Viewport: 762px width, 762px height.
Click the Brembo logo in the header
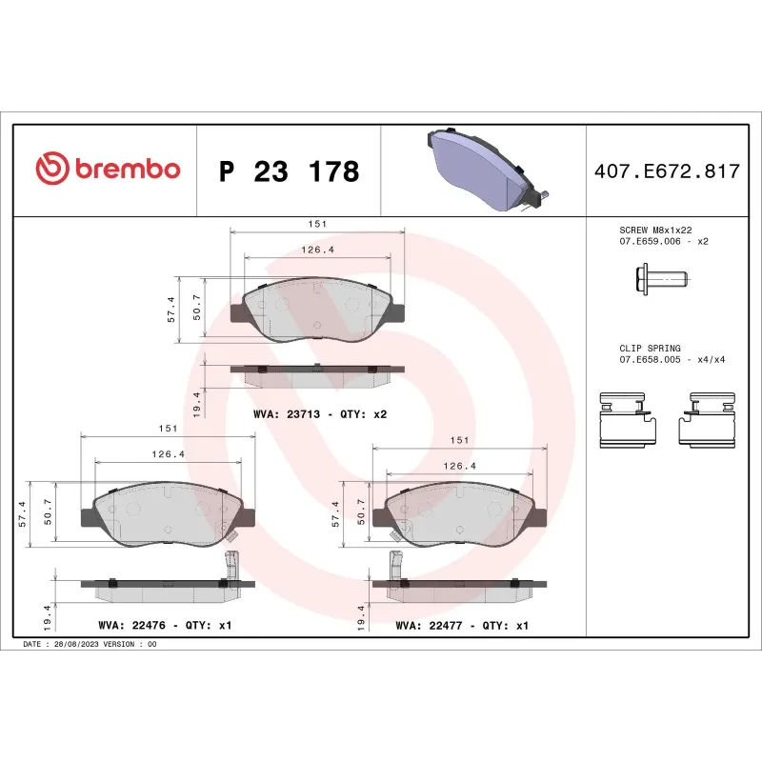tap(107, 170)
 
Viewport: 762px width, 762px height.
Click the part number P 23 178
tap(289, 171)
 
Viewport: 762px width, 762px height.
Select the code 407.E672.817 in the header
tap(666, 171)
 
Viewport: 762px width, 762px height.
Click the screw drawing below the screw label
tap(660, 279)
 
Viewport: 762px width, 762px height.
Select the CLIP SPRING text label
tap(651, 349)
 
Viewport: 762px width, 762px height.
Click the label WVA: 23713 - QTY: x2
tap(319, 414)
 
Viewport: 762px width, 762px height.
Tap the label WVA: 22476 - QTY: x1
tap(165, 626)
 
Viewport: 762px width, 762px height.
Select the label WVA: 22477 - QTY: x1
tap(461, 626)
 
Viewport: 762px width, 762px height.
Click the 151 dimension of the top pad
tap(318, 223)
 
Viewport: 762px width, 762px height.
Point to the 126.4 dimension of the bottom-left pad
tap(169, 454)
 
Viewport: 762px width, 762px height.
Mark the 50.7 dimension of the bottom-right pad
tap(362, 512)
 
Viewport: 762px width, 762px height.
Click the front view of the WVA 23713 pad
tap(317, 310)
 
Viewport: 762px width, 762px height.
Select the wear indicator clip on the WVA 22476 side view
tap(228, 570)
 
